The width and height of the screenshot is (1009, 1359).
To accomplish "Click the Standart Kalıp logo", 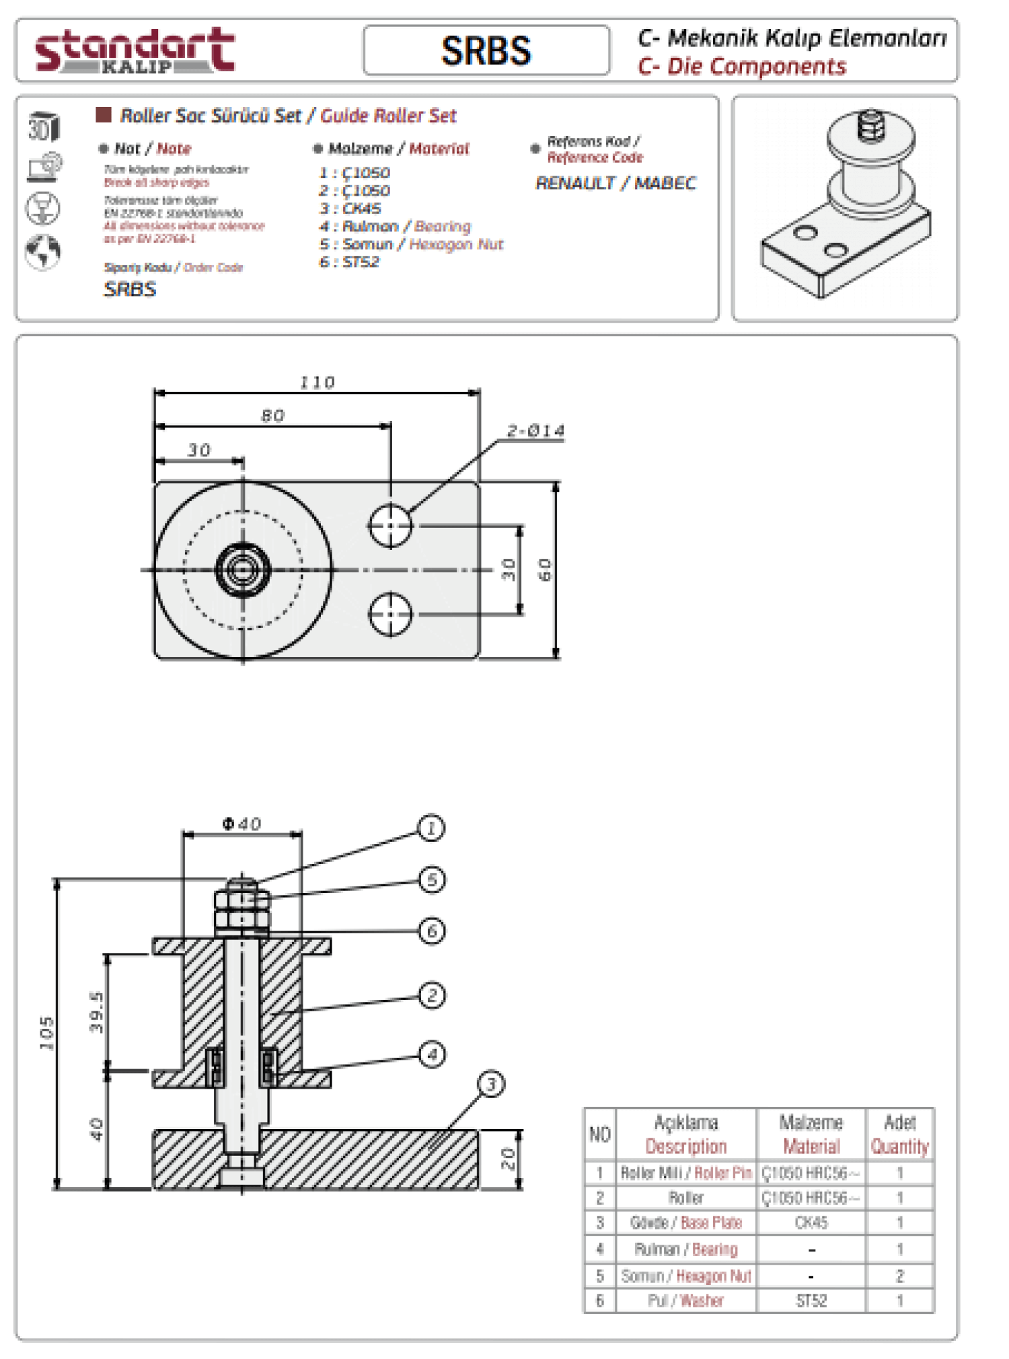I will (x=135, y=50).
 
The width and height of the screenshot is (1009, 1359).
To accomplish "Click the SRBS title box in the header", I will (x=486, y=50).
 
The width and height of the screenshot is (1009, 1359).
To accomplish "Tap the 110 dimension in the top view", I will (x=317, y=382).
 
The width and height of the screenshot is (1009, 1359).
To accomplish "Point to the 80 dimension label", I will (x=272, y=416).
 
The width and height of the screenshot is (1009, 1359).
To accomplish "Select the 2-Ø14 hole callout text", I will (x=535, y=430).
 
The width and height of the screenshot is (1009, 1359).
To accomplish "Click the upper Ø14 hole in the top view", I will (x=390, y=525).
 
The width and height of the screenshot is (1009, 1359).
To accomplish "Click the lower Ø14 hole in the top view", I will (x=390, y=613).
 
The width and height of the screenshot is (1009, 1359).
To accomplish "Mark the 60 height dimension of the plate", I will (x=545, y=570).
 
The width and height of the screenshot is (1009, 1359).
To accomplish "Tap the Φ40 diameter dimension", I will (x=242, y=824).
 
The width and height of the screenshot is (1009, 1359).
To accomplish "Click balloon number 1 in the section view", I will (x=431, y=828).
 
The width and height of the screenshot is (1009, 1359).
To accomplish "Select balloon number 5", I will (x=432, y=880).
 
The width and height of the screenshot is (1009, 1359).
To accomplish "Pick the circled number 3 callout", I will (x=491, y=1084).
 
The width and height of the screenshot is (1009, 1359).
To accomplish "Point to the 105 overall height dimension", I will (x=46, y=1033).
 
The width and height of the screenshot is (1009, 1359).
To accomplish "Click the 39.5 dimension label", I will (x=96, y=1012).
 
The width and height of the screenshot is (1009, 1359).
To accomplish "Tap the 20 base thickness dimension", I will (x=508, y=1159).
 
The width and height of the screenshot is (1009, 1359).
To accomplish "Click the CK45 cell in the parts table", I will (x=811, y=1222).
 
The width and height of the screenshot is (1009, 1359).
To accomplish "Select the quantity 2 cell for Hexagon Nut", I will (x=900, y=1276).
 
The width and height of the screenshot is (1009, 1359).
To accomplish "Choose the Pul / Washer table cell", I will (x=685, y=1300).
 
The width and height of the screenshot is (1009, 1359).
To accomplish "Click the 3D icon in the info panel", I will (x=44, y=126).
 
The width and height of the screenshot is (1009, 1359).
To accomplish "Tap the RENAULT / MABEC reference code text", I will (x=615, y=183).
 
